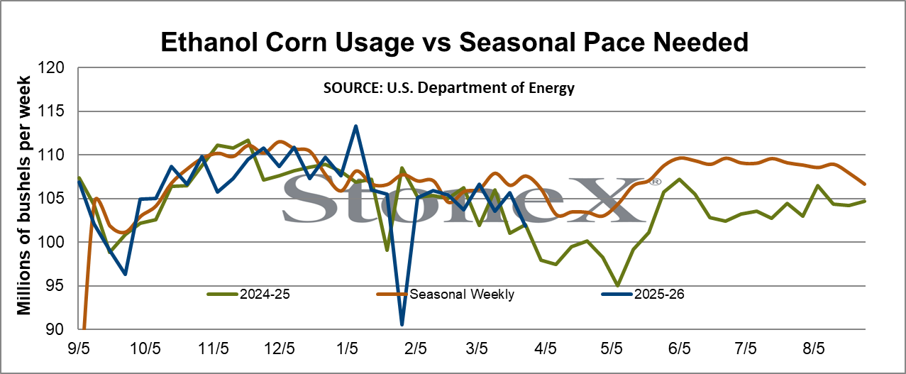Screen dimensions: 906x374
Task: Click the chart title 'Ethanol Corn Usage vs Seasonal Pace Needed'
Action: click(x=454, y=42)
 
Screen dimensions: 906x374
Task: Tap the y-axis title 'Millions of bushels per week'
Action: click(x=23, y=195)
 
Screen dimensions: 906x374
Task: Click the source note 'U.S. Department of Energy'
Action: click(x=480, y=88)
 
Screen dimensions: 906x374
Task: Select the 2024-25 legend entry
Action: click(x=249, y=294)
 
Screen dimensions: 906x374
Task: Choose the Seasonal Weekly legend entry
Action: click(x=446, y=294)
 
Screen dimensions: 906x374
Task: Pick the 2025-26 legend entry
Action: click(x=643, y=294)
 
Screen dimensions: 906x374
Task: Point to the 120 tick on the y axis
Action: click(x=50, y=67)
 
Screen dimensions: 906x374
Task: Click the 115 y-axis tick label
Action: click(x=50, y=111)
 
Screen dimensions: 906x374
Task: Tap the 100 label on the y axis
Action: click(x=50, y=242)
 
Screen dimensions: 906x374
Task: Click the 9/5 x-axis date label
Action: click(x=79, y=348)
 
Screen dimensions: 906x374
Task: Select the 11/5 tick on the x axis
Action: click(x=213, y=348)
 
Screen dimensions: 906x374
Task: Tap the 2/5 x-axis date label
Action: click(x=415, y=348)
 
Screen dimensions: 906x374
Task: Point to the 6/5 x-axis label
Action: click(x=680, y=348)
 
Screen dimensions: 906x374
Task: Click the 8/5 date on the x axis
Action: click(x=814, y=348)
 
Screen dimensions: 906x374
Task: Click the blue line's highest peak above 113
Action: click(x=355, y=126)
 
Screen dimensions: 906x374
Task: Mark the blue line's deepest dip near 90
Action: click(x=402, y=324)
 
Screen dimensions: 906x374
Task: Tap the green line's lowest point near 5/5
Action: click(x=618, y=286)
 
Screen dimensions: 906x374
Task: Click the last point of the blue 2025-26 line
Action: click(x=525, y=226)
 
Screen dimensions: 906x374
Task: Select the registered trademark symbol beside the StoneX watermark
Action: click(x=656, y=182)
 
